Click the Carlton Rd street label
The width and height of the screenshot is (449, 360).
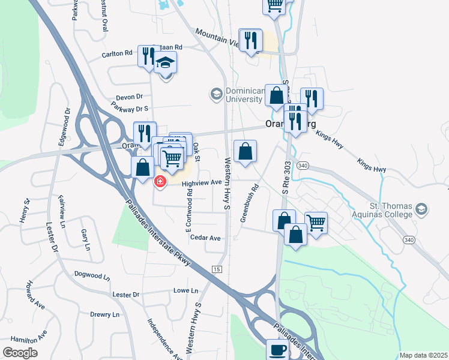(x=116, y=53)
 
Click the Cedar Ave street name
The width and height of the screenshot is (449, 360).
(x=205, y=238)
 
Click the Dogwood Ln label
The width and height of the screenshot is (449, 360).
(x=92, y=277)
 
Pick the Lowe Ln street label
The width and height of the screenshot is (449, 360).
(x=185, y=290)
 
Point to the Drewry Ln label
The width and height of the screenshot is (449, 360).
(x=105, y=314)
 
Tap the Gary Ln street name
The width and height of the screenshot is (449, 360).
(x=84, y=239)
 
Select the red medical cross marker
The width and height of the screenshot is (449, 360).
(x=160, y=181)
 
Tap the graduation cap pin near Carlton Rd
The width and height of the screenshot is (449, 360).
(x=165, y=62)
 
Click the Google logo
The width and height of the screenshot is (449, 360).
(x=20, y=353)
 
